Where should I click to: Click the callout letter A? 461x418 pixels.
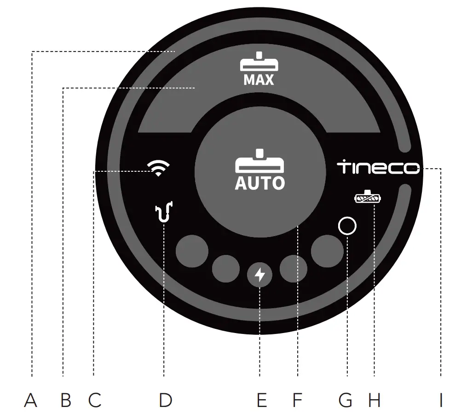[x=31, y=401]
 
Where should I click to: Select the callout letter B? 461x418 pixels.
[x=66, y=401]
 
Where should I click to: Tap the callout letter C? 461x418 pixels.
[x=95, y=401]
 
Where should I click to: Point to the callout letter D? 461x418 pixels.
[x=165, y=401]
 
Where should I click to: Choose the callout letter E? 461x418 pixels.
[x=261, y=401]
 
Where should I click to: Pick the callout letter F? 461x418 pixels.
[x=297, y=401]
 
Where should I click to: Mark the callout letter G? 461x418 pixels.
[x=346, y=401]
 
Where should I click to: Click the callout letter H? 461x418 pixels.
[x=375, y=401]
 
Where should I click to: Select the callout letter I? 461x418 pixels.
[x=440, y=401]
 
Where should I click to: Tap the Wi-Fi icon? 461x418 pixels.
[x=158, y=169]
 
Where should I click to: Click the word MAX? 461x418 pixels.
[x=259, y=80]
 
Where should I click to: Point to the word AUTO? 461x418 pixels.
[x=260, y=183]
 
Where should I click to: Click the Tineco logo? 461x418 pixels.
[x=378, y=167]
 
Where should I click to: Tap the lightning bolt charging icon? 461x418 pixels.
[x=260, y=275]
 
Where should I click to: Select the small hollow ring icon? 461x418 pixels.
[x=347, y=226]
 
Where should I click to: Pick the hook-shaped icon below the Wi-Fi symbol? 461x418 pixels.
[x=164, y=212]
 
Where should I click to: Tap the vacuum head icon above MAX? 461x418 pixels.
[x=259, y=62]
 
